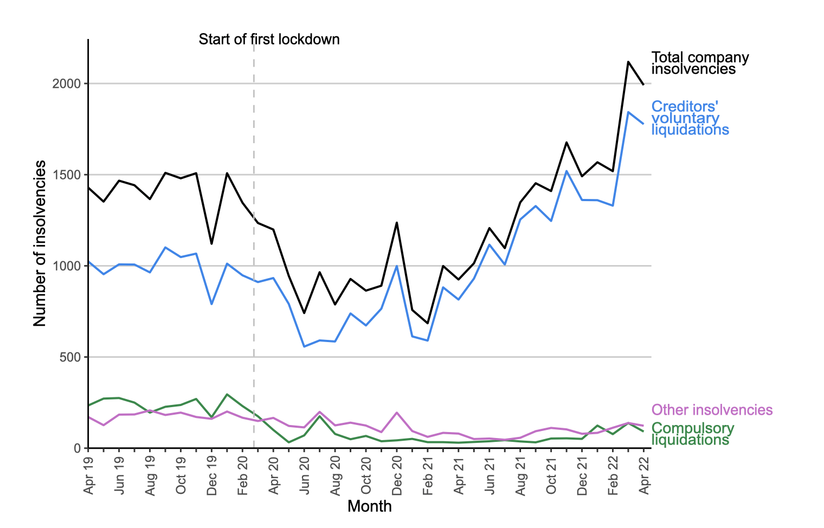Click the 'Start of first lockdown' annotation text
click(269, 40)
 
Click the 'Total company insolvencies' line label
click(699, 63)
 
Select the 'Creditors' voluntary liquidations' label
click(690, 118)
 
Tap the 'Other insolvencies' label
click(712, 410)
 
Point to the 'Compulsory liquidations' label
click(692, 434)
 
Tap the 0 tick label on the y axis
click(78, 448)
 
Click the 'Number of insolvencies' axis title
click(40, 243)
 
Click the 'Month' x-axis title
click(369, 506)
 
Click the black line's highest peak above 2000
click(628, 62)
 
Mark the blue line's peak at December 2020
click(397, 266)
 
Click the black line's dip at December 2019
click(211, 243)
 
